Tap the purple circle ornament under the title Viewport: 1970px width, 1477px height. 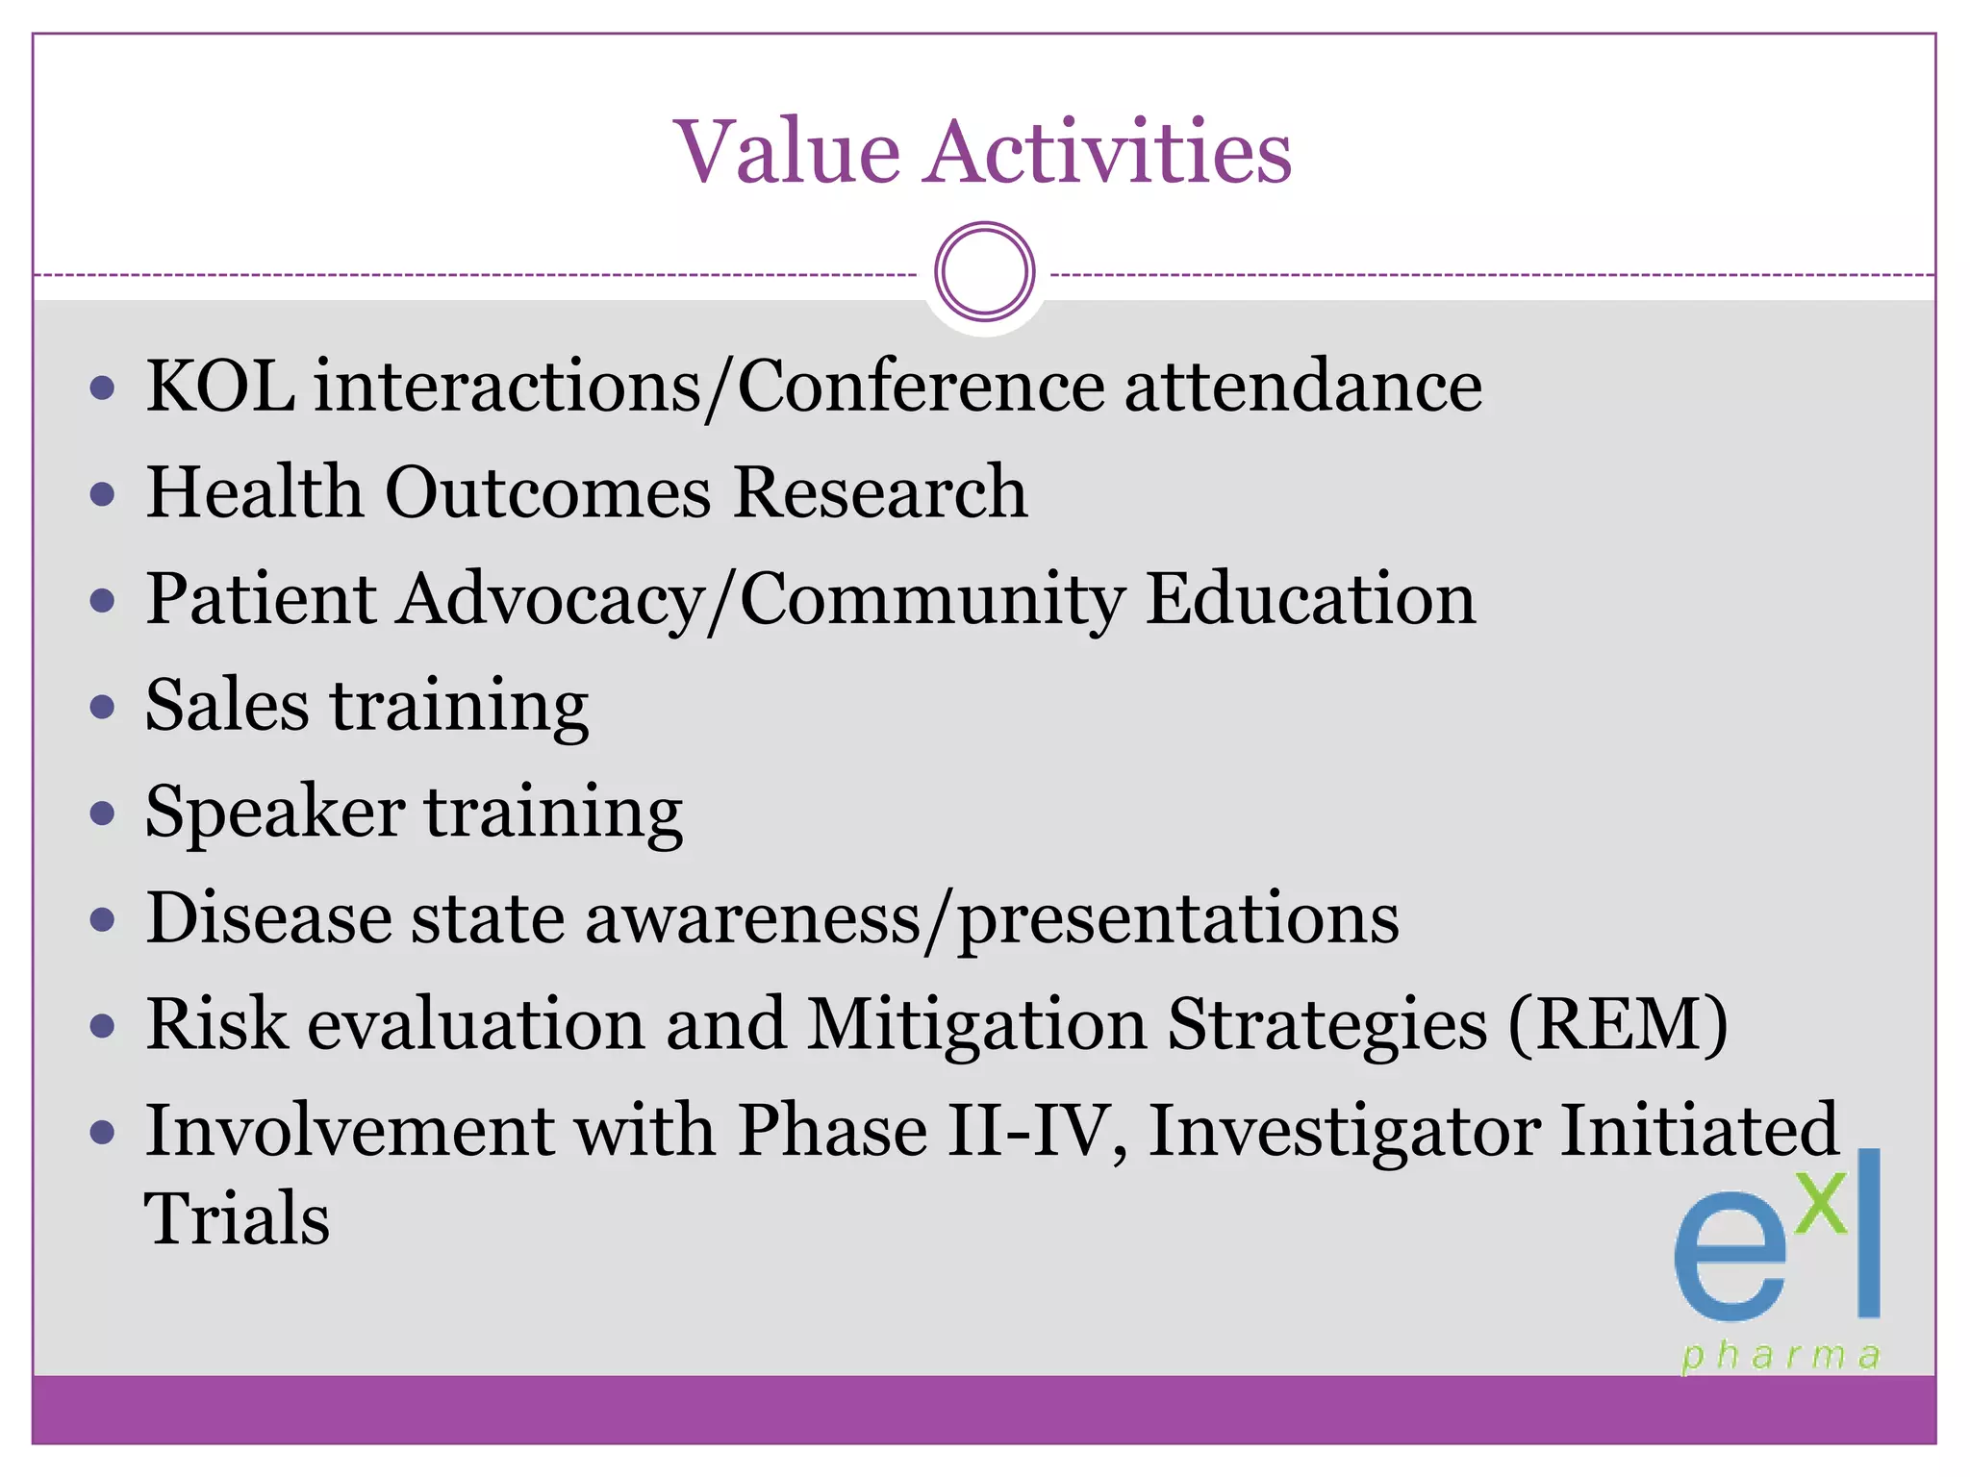pos(984,272)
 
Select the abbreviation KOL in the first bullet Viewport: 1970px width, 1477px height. pos(220,387)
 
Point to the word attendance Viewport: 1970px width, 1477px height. pos(1302,387)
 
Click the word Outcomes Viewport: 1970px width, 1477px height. pos(547,492)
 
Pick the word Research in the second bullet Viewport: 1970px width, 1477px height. pos(879,492)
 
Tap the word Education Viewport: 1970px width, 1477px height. pos(1310,599)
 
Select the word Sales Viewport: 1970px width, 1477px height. pos(227,706)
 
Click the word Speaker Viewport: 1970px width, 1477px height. pos(274,813)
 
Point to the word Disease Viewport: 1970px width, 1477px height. pos(268,918)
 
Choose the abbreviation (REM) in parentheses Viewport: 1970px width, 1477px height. pos(1617,1025)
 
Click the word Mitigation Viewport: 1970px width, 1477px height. pos(975,1025)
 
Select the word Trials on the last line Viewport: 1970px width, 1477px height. pos(237,1219)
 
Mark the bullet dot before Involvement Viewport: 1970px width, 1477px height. pos(102,1133)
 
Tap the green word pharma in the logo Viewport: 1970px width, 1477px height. pos(1781,1356)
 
